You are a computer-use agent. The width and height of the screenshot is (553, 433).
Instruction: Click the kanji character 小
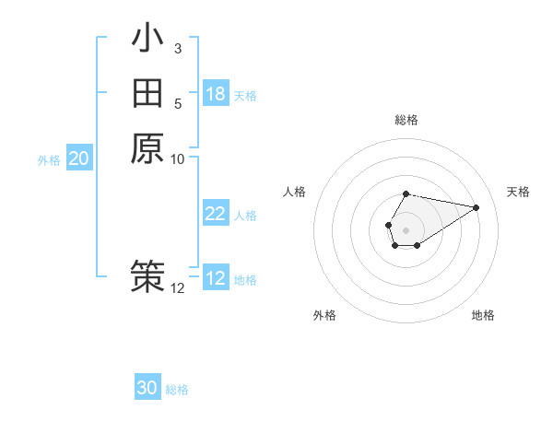click(x=147, y=41)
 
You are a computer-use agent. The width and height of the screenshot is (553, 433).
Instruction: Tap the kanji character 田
click(x=147, y=94)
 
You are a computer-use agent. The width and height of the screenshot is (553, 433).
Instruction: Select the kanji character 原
click(x=147, y=147)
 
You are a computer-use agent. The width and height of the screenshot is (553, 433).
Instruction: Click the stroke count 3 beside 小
click(x=177, y=48)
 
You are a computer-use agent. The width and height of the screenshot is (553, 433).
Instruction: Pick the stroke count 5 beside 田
click(x=177, y=103)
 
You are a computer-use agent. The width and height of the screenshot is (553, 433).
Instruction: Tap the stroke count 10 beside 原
click(x=177, y=158)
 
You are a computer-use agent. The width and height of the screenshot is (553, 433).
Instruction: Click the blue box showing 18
click(x=216, y=94)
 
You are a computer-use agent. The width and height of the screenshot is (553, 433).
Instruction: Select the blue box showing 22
click(x=216, y=214)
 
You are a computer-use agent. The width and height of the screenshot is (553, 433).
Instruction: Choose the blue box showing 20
click(x=79, y=158)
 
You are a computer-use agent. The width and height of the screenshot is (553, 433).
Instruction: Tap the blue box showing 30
click(x=147, y=388)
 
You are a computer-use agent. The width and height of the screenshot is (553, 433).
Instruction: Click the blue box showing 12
click(x=216, y=278)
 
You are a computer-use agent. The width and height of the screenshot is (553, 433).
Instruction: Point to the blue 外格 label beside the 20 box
click(x=49, y=159)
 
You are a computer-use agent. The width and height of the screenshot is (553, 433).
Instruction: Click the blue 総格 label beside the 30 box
click(x=177, y=390)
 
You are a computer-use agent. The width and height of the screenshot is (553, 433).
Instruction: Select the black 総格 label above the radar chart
click(x=406, y=120)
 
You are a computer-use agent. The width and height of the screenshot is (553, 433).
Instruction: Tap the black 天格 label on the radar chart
click(x=519, y=192)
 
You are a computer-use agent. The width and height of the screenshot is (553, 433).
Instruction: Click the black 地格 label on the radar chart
click(x=483, y=315)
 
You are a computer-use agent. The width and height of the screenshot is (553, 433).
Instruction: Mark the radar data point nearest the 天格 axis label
click(x=477, y=206)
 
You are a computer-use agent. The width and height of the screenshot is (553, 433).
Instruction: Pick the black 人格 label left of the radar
click(x=295, y=192)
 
